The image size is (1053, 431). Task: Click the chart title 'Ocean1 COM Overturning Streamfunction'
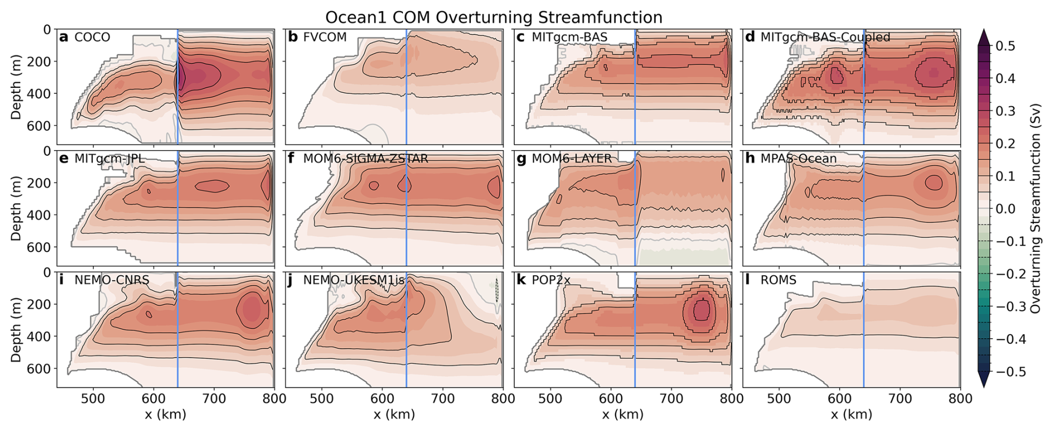pos(494,17)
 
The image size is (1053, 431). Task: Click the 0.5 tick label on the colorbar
pos(1005,46)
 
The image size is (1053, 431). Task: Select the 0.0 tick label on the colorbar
pos(1005,209)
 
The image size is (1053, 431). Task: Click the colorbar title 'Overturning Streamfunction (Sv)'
pos(1035,209)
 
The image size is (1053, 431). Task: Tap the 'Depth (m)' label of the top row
pos(16,86)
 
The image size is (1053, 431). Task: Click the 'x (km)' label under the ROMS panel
pos(851,414)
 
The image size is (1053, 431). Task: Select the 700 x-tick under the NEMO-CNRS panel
pos(214,399)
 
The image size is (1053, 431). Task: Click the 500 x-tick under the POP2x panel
pos(550,399)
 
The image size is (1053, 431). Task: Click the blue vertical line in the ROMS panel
pos(864,334)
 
